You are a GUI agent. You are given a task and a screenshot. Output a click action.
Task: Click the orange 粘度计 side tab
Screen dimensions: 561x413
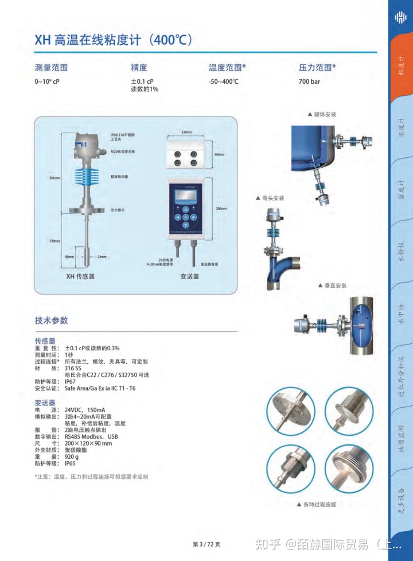pyautogui.click(x=402, y=69)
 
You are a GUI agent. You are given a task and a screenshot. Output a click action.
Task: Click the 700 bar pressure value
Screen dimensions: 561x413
pyautogui.click(x=309, y=82)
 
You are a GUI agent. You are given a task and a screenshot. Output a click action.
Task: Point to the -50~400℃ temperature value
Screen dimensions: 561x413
pyautogui.click(x=223, y=82)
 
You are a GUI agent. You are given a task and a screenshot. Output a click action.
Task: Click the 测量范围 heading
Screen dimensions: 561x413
pyautogui.click(x=51, y=68)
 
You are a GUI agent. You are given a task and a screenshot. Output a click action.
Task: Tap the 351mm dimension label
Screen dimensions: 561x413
pyautogui.click(x=54, y=178)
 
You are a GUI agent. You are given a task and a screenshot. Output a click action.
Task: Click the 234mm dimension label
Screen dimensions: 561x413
pyautogui.click(x=54, y=241)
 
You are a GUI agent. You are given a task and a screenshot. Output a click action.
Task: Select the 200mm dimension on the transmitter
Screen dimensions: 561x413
pyautogui.click(x=221, y=209)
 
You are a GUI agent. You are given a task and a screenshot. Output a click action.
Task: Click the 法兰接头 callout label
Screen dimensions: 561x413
pyautogui.click(x=118, y=210)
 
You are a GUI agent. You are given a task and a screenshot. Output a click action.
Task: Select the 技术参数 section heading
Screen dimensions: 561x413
pyautogui.click(x=51, y=320)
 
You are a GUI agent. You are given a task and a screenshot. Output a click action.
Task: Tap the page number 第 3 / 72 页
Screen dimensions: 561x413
pyautogui.click(x=206, y=544)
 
